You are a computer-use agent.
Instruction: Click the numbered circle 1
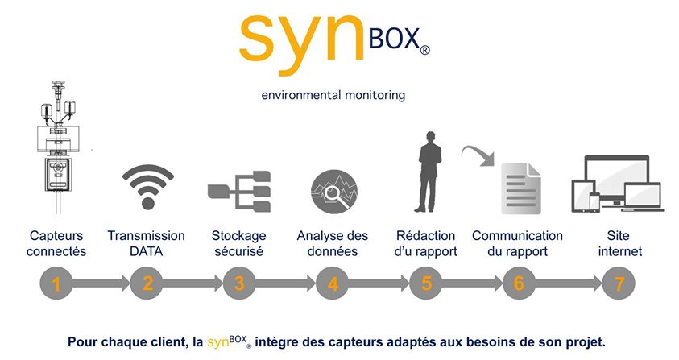[56, 283]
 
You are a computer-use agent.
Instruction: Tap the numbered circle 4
[333, 283]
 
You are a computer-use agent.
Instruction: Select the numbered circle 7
[619, 283]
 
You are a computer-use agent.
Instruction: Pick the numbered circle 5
[426, 283]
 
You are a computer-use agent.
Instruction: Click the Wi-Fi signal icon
[147, 187]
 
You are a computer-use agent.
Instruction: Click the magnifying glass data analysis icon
[333, 192]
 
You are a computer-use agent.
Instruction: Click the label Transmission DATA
[147, 243]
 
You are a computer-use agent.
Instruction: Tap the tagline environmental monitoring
[333, 95]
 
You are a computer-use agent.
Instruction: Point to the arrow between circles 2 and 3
[193, 283]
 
